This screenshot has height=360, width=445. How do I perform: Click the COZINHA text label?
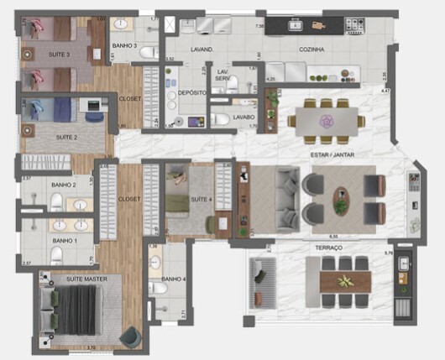pyautogui.click(x=311, y=50)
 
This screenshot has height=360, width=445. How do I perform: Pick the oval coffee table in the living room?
pyautogui.click(x=343, y=199)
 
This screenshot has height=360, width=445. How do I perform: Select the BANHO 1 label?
pyautogui.click(x=64, y=241)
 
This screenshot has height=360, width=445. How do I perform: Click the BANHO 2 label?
pyautogui.click(x=63, y=185)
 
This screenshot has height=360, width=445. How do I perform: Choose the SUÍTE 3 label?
pyautogui.click(x=57, y=55)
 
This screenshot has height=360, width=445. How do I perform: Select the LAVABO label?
pyautogui.click(x=243, y=117)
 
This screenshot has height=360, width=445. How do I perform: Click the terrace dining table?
pyautogui.click(x=344, y=282)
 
